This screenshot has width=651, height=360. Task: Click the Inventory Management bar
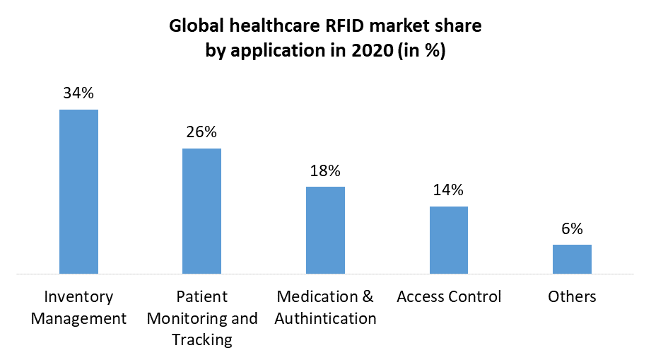click(78, 191)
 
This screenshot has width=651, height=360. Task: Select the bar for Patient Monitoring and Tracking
click(201, 211)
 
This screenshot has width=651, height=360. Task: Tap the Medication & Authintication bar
click(325, 230)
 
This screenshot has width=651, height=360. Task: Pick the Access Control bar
click(449, 240)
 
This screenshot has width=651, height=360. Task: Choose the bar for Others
click(572, 259)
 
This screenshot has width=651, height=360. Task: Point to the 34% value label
click(78, 93)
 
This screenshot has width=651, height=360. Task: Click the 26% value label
click(201, 132)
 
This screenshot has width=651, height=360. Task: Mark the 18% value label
click(325, 170)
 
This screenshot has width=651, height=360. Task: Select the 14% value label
click(449, 190)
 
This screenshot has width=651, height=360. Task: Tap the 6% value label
click(572, 228)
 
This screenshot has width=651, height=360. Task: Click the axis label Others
click(572, 296)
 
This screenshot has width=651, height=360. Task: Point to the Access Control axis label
click(449, 296)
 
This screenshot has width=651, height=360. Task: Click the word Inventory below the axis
click(78, 296)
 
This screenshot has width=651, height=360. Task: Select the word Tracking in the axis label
click(202, 339)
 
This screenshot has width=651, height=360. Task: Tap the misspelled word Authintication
click(325, 318)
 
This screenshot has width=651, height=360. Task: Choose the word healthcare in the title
click(271, 27)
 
